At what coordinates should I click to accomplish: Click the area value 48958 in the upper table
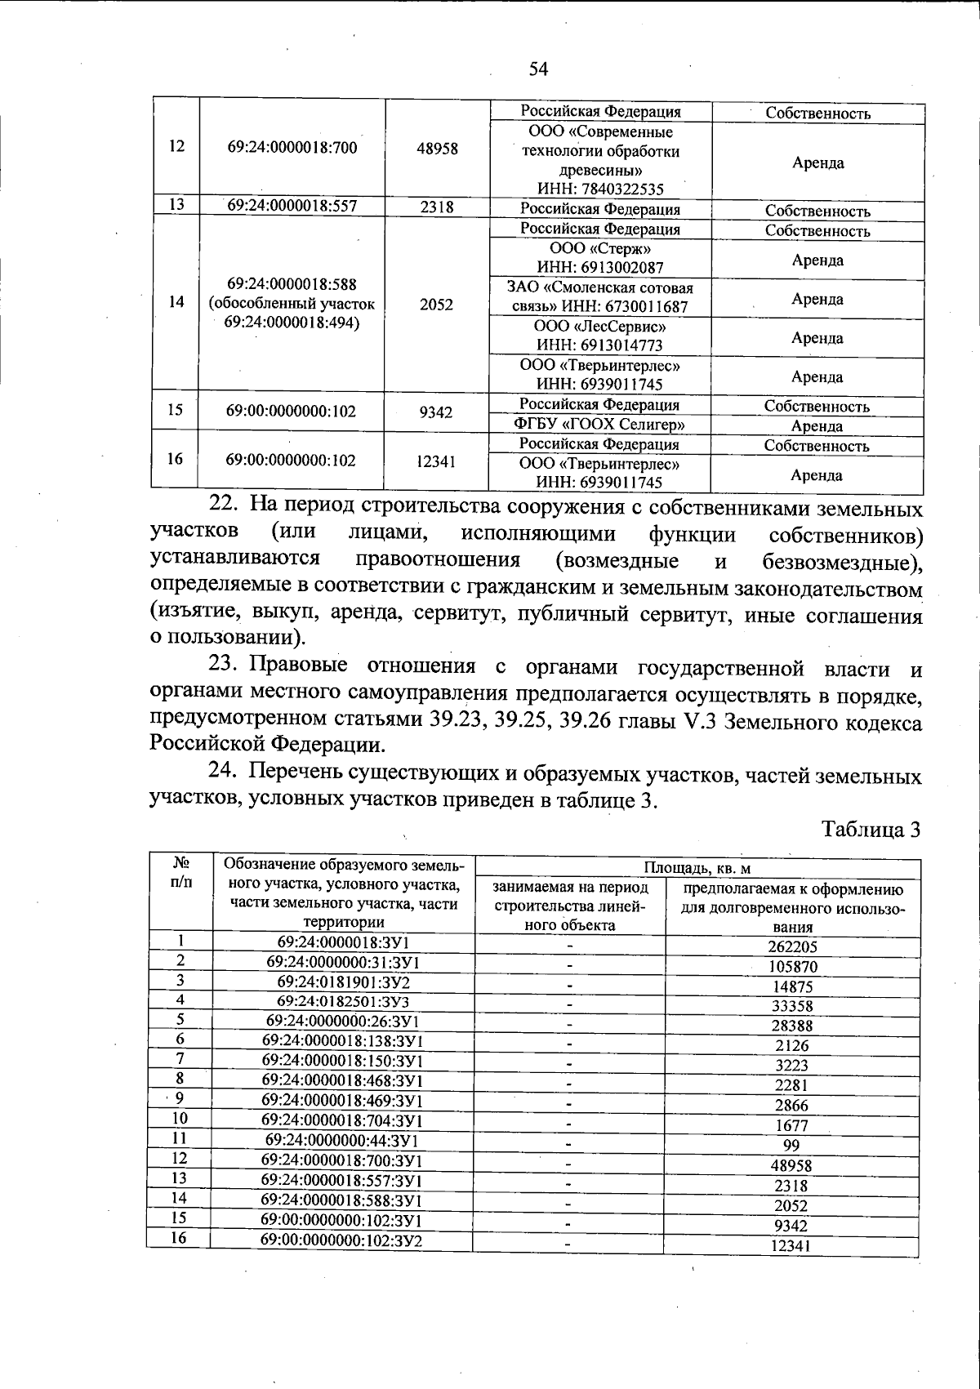pyautogui.click(x=437, y=149)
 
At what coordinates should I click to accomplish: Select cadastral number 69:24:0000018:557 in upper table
pyautogui.click(x=292, y=206)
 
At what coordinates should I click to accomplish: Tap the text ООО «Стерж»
pyautogui.click(x=600, y=248)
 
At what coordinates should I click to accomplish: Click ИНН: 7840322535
pyautogui.click(x=600, y=189)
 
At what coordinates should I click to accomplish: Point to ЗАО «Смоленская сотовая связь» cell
pyautogui.click(x=600, y=297)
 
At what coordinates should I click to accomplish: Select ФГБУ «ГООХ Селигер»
pyautogui.click(x=600, y=425)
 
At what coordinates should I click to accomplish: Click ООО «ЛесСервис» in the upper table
pyautogui.click(x=600, y=326)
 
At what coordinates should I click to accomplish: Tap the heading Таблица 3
pyautogui.click(x=871, y=830)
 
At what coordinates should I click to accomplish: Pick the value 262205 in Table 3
pyautogui.click(x=792, y=947)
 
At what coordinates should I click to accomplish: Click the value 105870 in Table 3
pyautogui.click(x=792, y=967)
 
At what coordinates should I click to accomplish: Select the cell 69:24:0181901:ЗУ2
pyautogui.click(x=343, y=981)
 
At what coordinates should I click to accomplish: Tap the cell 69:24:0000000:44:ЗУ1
pyautogui.click(x=342, y=1140)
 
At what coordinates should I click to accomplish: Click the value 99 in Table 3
pyautogui.click(x=791, y=1146)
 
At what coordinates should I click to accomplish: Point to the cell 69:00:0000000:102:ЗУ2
pyautogui.click(x=341, y=1240)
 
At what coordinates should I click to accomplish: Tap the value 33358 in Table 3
pyautogui.click(x=791, y=1006)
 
